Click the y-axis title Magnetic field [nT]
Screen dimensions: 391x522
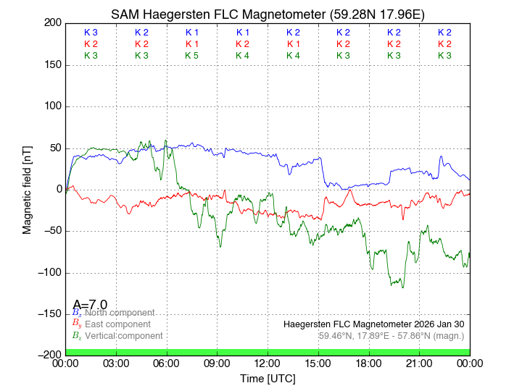(27, 189)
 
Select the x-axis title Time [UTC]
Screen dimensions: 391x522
(268, 379)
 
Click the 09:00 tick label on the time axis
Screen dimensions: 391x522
(217, 363)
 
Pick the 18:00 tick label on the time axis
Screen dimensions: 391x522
(369, 363)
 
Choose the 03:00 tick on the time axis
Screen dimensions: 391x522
(116, 363)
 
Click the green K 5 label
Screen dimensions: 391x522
(192, 56)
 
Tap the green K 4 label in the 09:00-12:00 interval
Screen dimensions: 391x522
(242, 56)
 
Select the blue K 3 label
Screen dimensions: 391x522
(91, 33)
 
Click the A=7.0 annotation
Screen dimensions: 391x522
(90, 304)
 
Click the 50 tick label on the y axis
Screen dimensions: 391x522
(53, 148)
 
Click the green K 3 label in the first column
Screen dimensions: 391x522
(91, 56)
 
